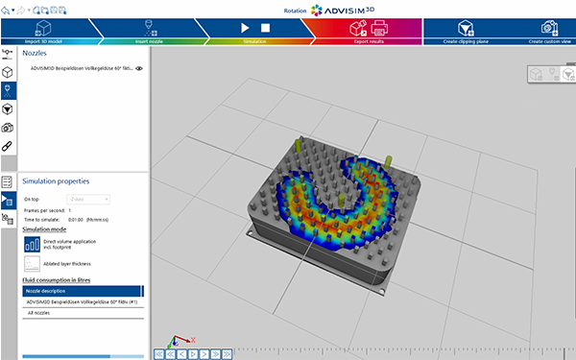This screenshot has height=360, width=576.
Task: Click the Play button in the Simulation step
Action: coord(245,29)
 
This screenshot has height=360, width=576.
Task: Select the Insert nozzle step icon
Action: coord(149,29)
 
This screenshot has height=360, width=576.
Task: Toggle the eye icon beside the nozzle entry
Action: coord(139,69)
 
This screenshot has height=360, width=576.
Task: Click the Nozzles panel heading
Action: coord(36,54)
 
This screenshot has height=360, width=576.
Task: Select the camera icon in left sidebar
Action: coord(8,127)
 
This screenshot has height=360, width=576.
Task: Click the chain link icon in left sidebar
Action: coord(8,146)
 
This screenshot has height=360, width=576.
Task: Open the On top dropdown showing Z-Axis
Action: coord(86,199)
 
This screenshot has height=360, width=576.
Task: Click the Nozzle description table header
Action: coord(83,290)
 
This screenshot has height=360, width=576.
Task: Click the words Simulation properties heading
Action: coord(56,180)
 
